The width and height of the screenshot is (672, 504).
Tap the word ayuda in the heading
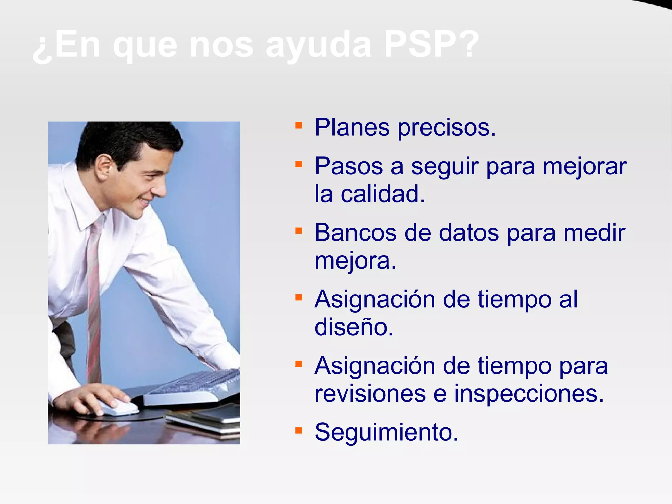(x=318, y=46)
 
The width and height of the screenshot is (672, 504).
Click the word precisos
(x=447, y=128)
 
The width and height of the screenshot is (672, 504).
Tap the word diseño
(x=354, y=327)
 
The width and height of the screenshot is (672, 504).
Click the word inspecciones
(x=529, y=394)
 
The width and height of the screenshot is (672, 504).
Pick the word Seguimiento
(x=386, y=432)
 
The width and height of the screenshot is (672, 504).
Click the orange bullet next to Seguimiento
(x=298, y=430)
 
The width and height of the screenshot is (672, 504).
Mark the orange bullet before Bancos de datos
(x=298, y=231)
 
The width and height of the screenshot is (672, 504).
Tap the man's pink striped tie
(x=94, y=296)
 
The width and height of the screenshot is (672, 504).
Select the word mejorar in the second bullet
(x=584, y=167)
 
